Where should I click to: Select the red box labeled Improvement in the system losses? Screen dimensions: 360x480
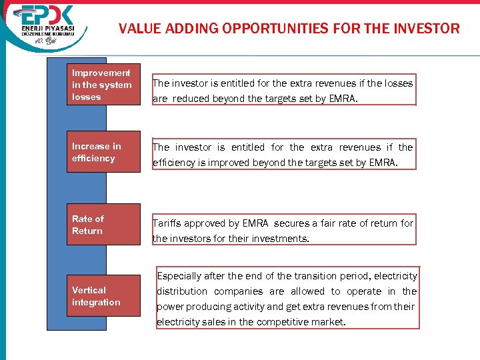tap(103, 85)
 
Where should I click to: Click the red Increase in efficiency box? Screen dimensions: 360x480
tap(103, 153)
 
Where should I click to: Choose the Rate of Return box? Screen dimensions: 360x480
tap(103, 225)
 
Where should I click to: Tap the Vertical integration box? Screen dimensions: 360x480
tap(103, 296)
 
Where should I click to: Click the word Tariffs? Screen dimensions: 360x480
tap(167, 223)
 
